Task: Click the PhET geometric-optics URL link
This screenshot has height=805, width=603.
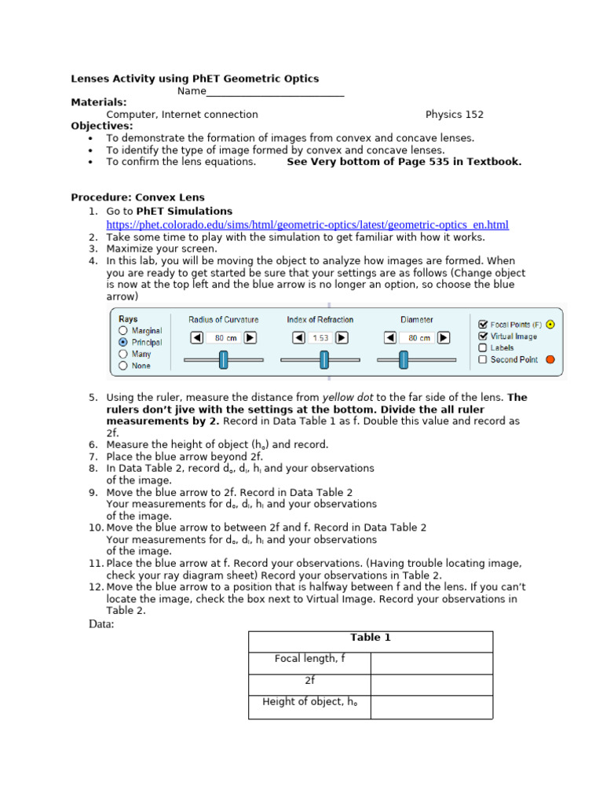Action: click(307, 225)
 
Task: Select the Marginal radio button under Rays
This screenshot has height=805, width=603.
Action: click(122, 331)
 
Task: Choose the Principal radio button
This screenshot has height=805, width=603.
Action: click(122, 343)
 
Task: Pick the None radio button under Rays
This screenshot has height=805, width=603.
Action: click(122, 366)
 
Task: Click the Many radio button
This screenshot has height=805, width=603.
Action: click(122, 355)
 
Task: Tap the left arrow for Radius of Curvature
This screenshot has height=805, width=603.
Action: click(196, 337)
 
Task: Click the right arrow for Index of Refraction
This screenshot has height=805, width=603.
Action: click(342, 337)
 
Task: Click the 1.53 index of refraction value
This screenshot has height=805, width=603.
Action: click(320, 337)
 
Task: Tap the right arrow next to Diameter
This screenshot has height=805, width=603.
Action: click(444, 337)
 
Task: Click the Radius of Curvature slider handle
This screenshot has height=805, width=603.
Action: click(223, 360)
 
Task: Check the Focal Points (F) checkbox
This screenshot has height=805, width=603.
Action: click(482, 324)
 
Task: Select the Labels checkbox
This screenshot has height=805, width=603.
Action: click(482, 347)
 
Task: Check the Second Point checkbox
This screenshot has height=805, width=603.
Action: click(482, 359)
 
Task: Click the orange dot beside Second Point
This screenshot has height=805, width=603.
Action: click(550, 359)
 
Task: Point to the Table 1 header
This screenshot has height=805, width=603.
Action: click(371, 638)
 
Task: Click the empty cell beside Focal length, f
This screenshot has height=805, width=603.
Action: click(431, 663)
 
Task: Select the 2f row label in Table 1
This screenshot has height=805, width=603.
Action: click(309, 681)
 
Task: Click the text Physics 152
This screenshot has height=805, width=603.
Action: click(455, 114)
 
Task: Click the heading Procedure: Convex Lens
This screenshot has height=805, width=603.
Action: click(137, 197)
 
